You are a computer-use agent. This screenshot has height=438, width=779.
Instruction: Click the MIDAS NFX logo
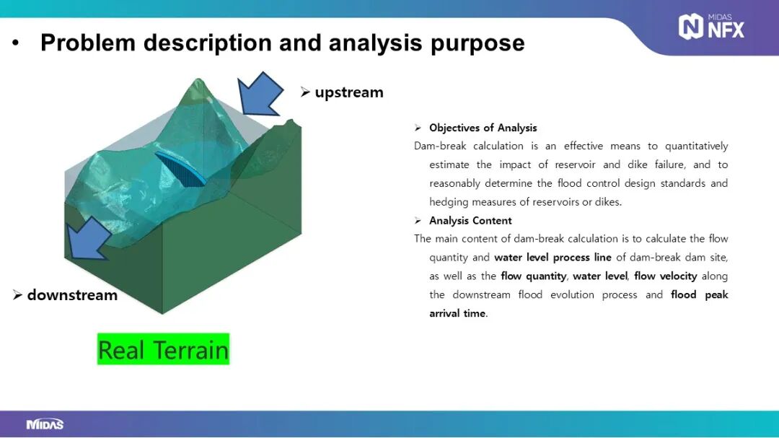tap(711, 27)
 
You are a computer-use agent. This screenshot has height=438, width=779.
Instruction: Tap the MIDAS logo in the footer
tap(45, 424)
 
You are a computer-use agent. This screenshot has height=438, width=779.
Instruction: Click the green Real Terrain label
tap(164, 349)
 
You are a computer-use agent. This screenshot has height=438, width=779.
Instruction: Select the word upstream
tap(349, 92)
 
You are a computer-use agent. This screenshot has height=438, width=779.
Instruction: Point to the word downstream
tap(73, 295)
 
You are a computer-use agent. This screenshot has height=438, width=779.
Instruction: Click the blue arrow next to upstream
tap(259, 95)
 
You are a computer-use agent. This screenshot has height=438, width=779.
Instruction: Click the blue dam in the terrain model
tap(181, 169)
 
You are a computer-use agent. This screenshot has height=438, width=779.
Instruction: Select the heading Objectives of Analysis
tap(483, 128)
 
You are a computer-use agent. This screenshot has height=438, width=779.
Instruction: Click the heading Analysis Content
tap(470, 220)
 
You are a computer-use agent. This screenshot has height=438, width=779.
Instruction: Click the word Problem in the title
tap(88, 43)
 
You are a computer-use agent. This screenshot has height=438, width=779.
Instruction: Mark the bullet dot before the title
tap(15, 43)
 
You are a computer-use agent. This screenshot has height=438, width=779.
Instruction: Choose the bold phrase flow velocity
tap(665, 276)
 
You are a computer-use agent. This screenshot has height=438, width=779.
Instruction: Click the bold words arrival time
tap(457, 313)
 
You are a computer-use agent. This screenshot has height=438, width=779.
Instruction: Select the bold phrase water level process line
tap(553, 258)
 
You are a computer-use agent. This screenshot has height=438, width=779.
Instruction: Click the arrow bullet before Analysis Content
tap(418, 220)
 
